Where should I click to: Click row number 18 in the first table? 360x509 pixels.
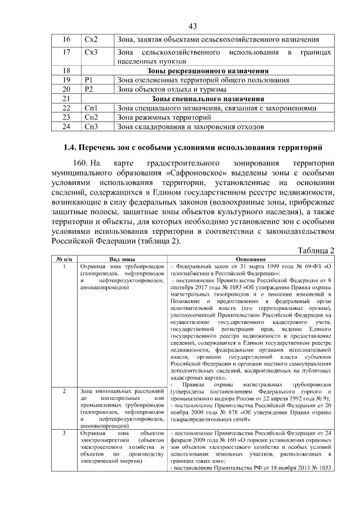point(66,71)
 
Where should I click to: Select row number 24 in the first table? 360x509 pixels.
point(66,127)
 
